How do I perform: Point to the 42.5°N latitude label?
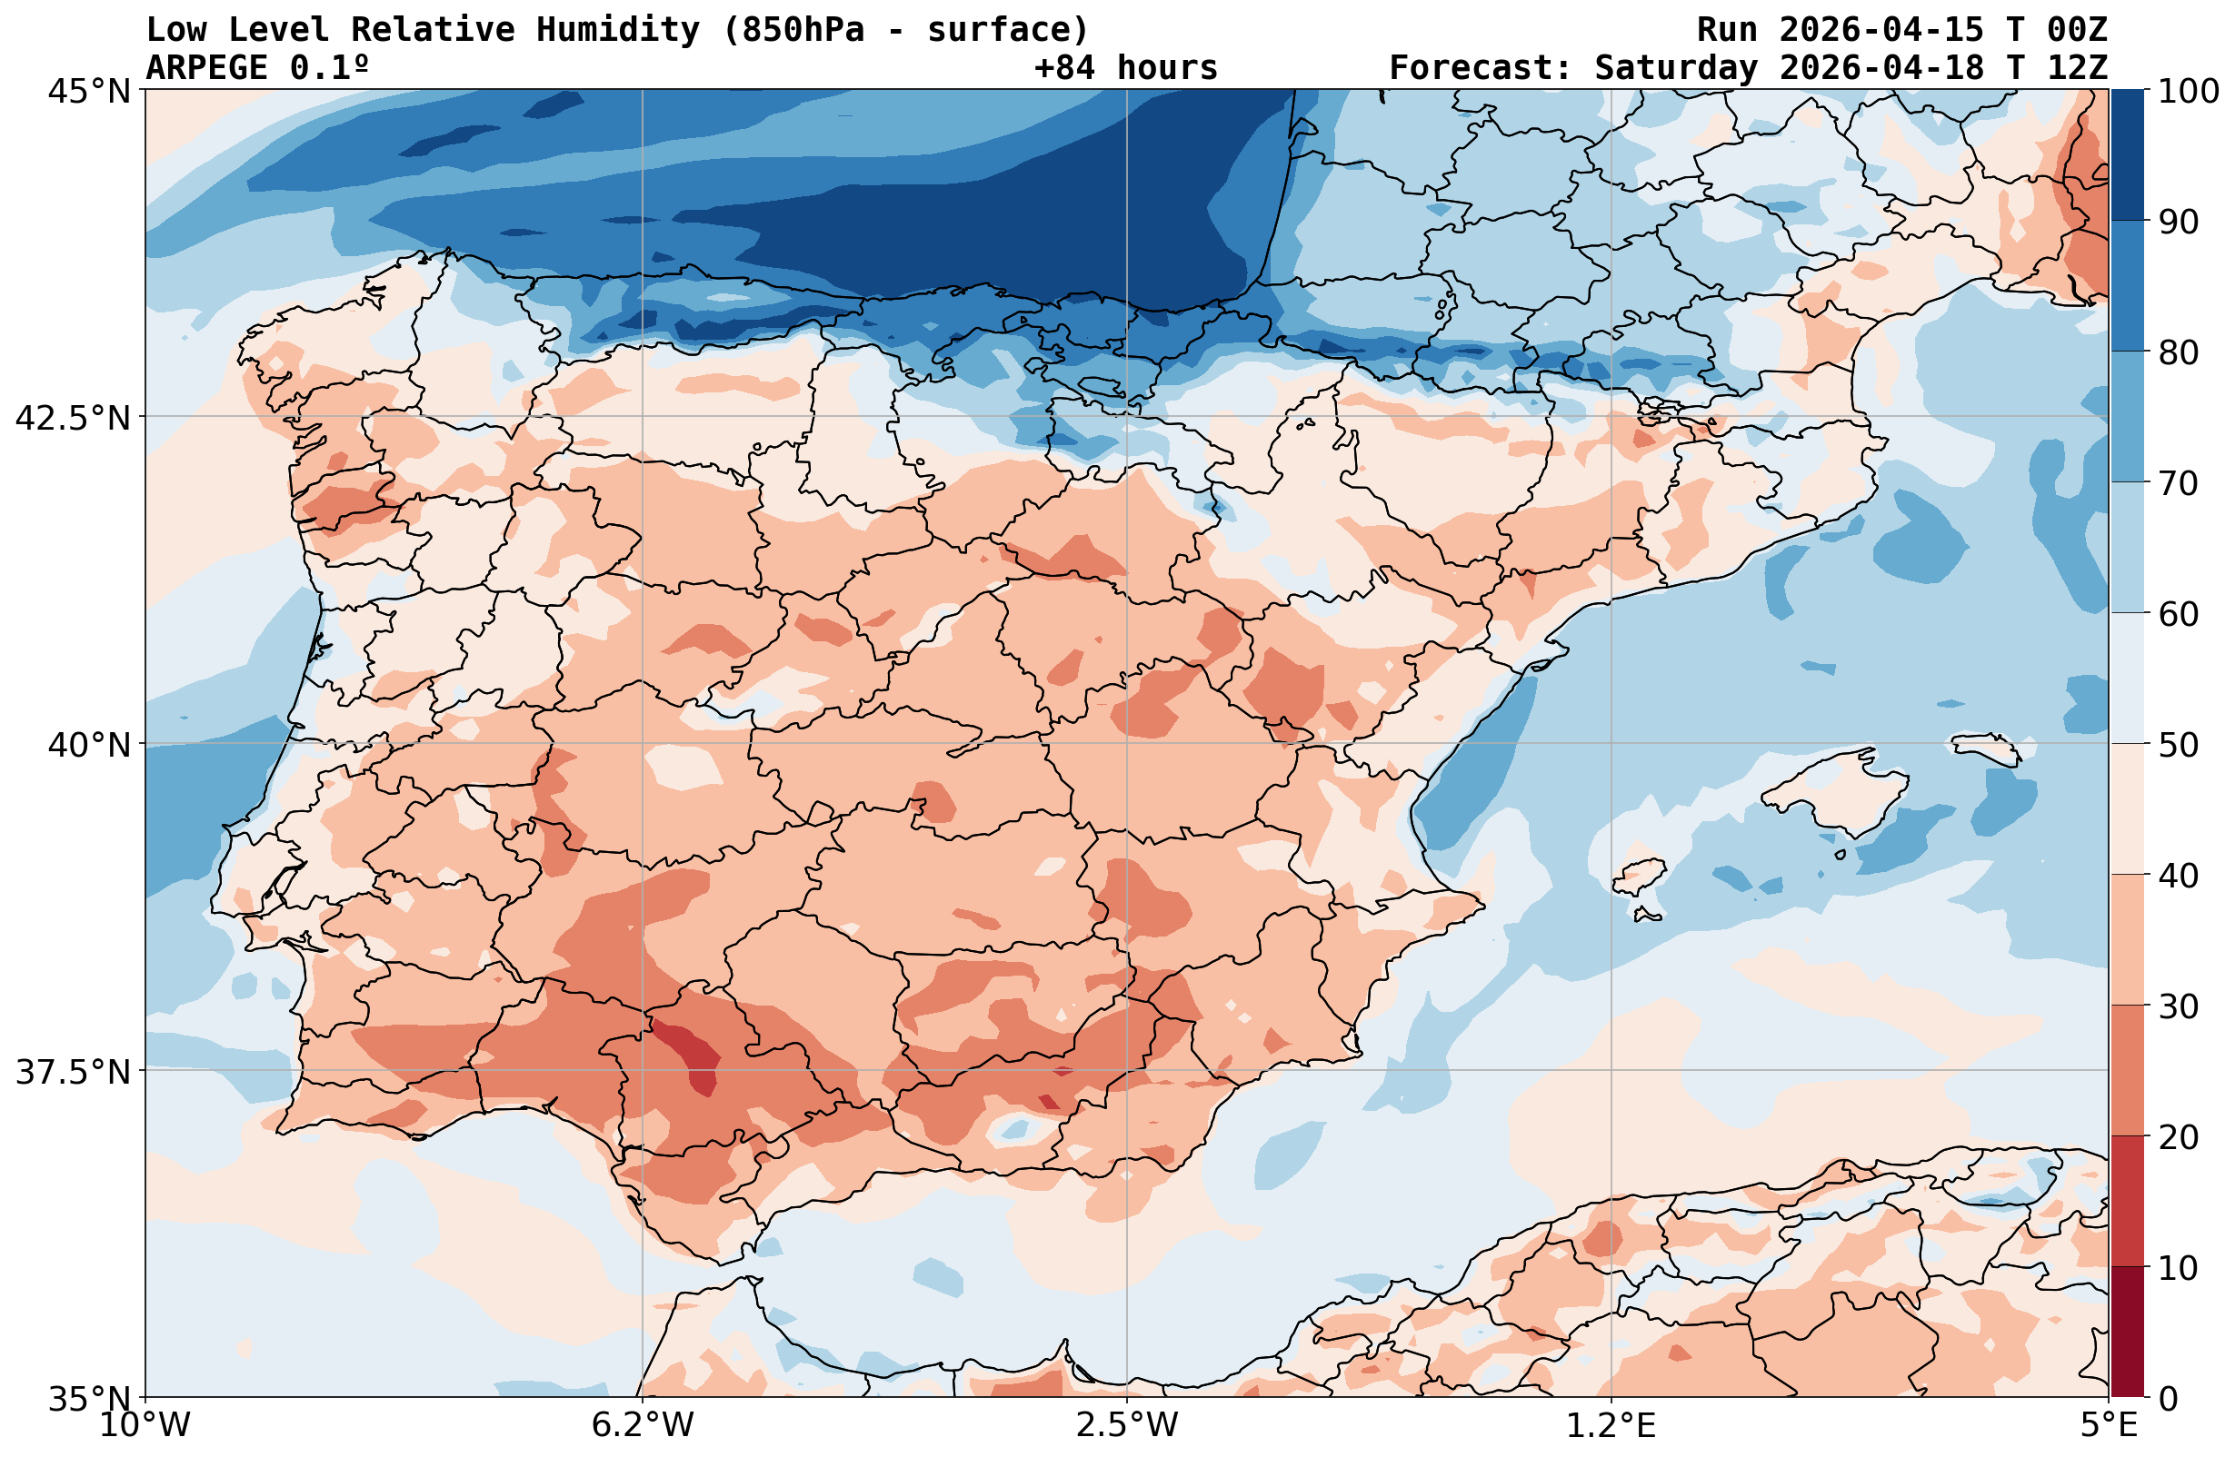tap(74, 418)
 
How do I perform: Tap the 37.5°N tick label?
tap(74, 1072)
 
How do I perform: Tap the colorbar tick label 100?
tap(2187, 92)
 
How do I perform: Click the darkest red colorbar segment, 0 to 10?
tap(2127, 1333)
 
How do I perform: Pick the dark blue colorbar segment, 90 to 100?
tap(2127, 155)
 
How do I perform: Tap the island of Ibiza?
tap(1639, 875)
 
